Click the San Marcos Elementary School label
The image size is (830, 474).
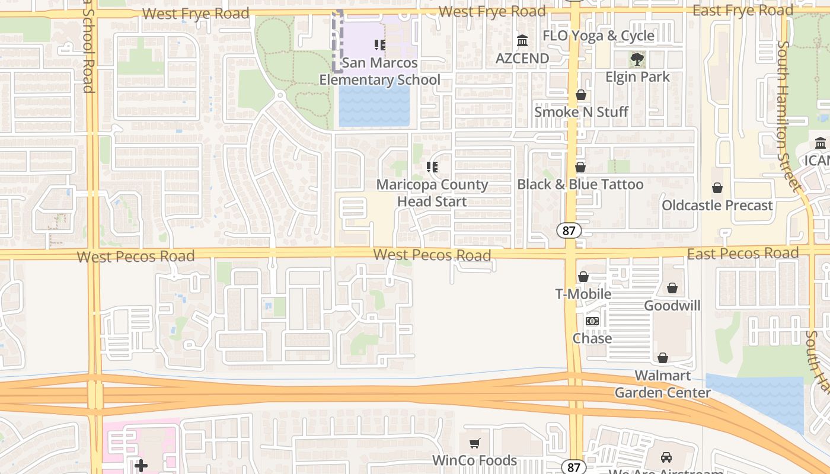click(379, 71)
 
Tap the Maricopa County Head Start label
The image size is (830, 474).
click(432, 193)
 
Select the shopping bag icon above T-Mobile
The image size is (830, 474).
click(583, 277)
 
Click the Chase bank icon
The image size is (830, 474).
click(592, 321)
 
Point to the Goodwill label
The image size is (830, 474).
click(672, 306)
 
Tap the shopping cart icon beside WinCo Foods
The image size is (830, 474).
click(474, 443)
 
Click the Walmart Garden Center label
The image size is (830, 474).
click(662, 384)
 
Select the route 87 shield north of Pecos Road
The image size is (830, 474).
click(569, 230)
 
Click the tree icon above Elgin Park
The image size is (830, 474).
click(637, 59)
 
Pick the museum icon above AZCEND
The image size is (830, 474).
click(522, 41)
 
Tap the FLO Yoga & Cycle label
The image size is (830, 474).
click(598, 36)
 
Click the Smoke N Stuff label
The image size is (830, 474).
click(581, 112)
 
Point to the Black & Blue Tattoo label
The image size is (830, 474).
click(580, 184)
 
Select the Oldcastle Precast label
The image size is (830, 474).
click(717, 206)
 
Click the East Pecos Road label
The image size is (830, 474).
click(742, 254)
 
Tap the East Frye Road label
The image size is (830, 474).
click(742, 11)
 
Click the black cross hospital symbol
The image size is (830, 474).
click(141, 466)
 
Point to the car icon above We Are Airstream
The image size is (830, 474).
click(666, 457)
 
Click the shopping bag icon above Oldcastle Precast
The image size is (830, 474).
click(717, 188)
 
